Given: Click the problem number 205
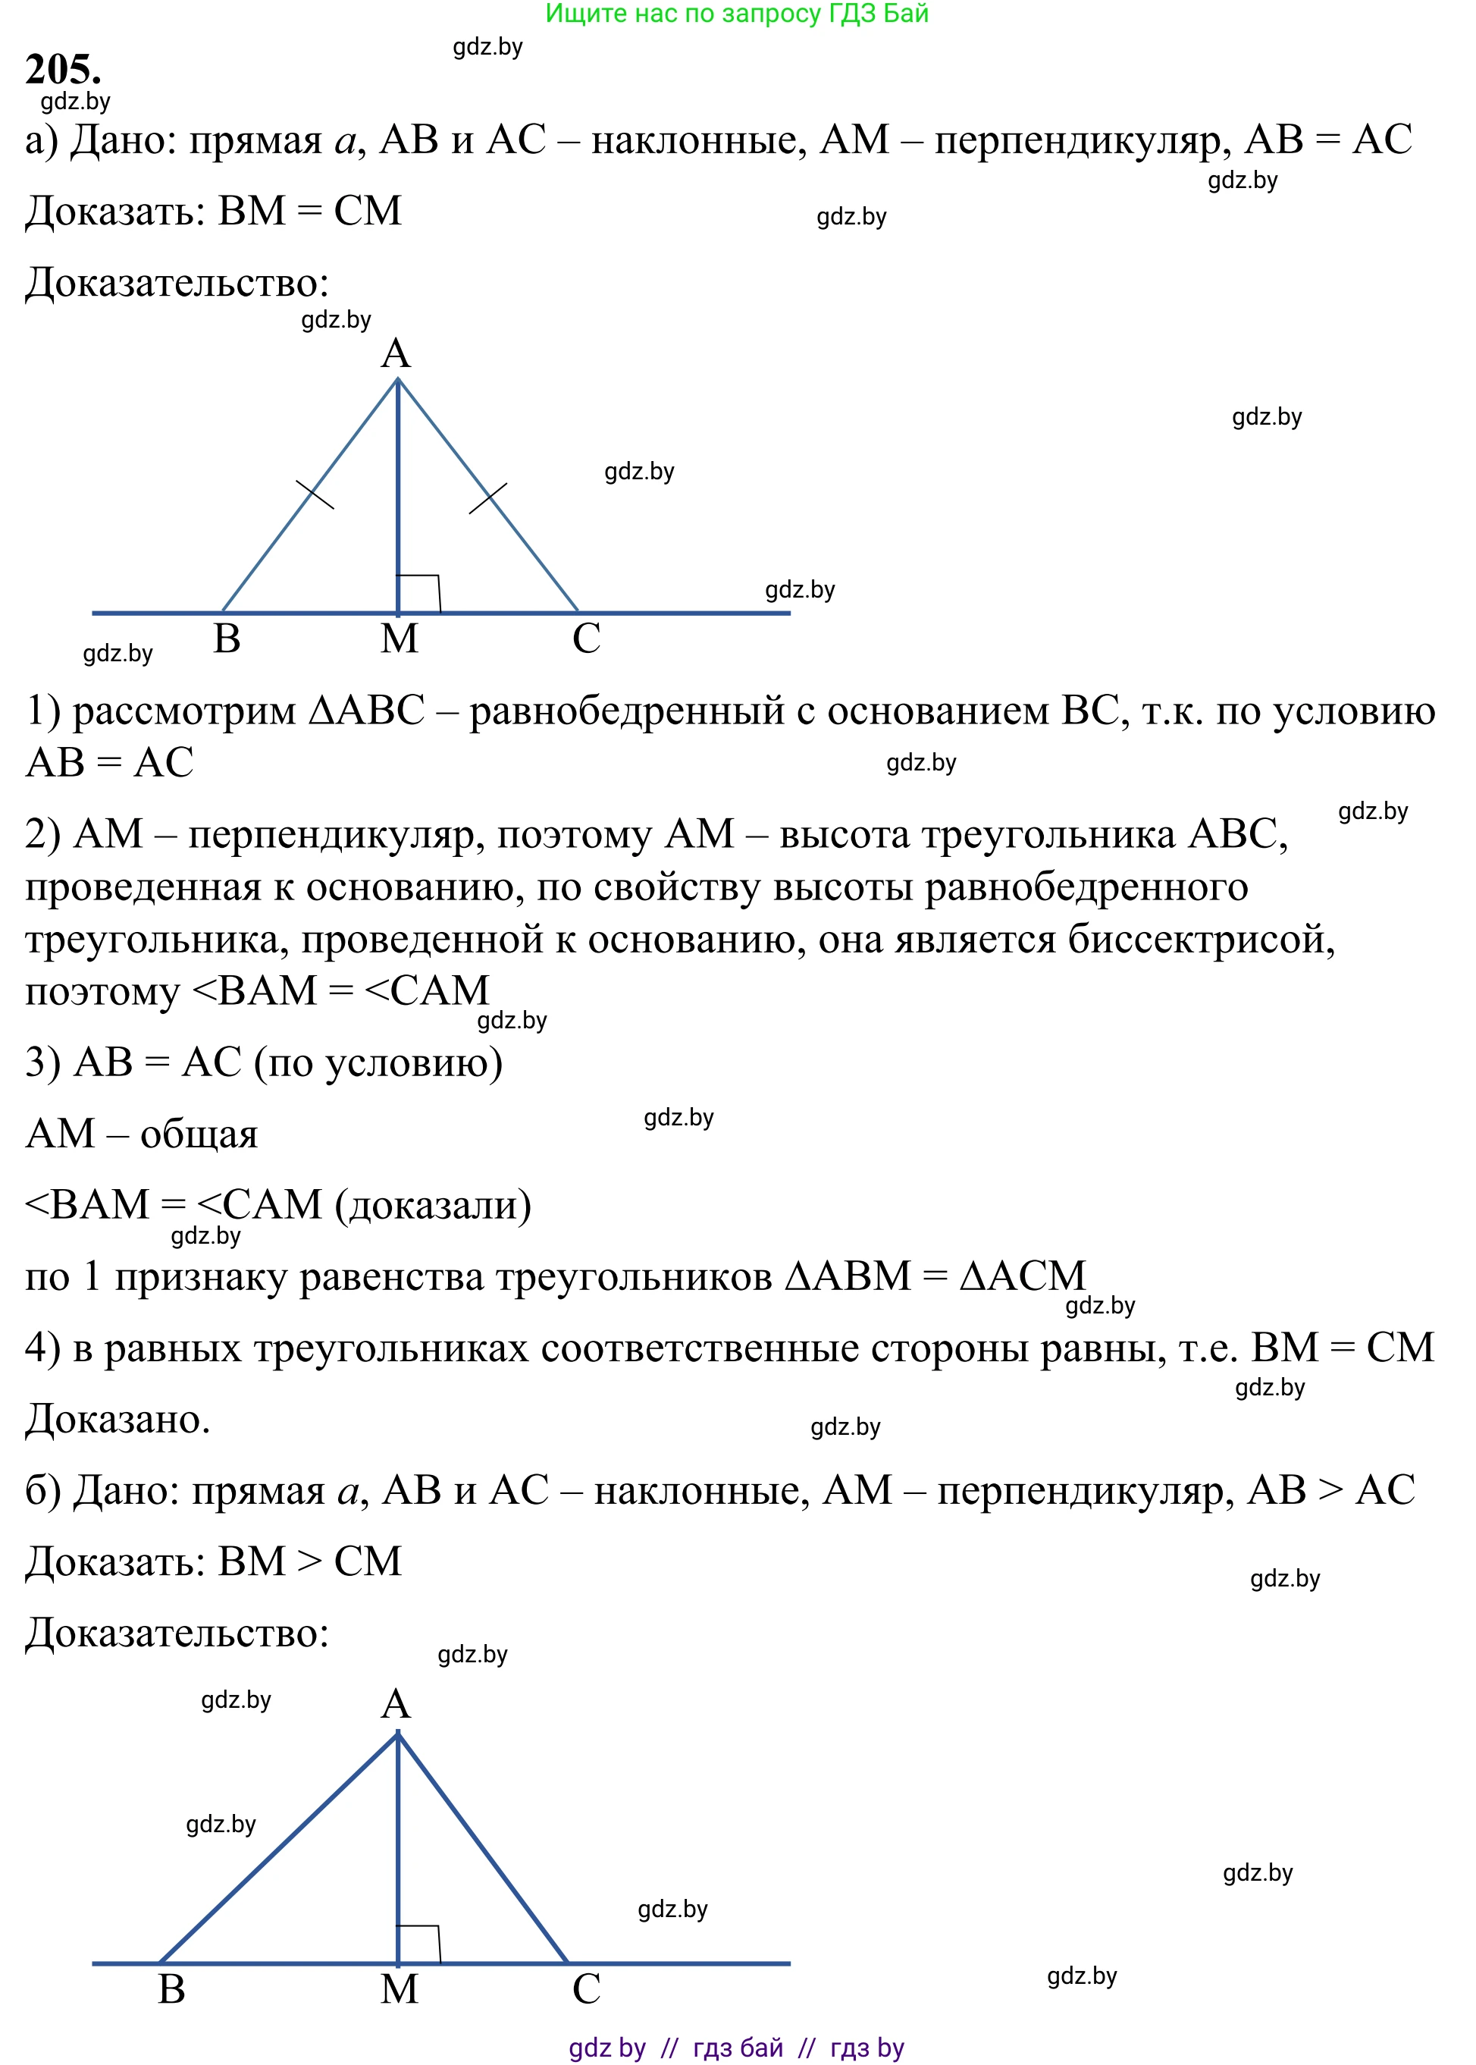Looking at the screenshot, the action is tap(63, 69).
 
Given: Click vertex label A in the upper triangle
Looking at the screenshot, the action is tap(396, 353).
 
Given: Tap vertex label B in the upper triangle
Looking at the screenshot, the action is tap(227, 639).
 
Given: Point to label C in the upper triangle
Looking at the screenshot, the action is tap(586, 639).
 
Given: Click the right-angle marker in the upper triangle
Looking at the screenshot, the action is tap(419, 593).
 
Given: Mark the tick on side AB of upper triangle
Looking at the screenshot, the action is tap(315, 494).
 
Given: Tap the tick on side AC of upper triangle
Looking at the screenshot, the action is tap(488, 498).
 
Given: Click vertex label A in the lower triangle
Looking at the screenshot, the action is tap(396, 1704).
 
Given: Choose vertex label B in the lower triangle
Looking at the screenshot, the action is tap(172, 1989).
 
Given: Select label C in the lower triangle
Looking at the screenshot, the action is tap(586, 1989).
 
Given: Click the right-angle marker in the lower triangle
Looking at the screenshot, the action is tap(419, 1943).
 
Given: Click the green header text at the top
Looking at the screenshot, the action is tap(736, 14).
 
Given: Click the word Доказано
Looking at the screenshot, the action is tap(118, 1420).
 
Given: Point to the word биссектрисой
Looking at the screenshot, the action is tap(1201, 940).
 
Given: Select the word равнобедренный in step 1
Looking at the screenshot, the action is tap(627, 712).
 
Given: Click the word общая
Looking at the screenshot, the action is tap(199, 1134).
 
